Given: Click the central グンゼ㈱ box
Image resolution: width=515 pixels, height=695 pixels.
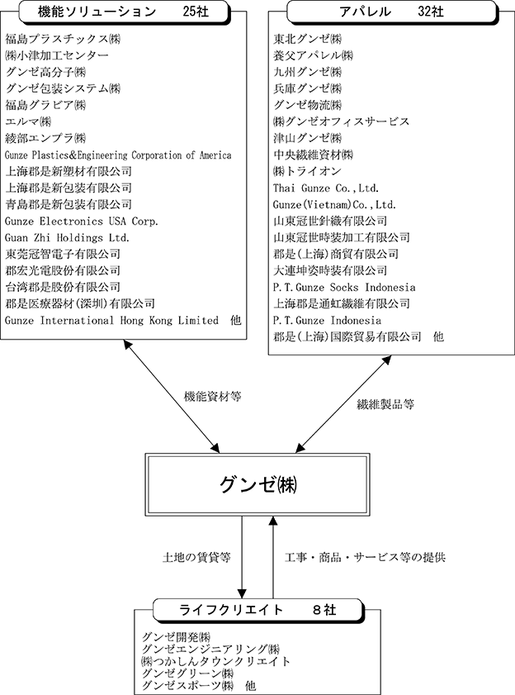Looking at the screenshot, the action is click(257, 484).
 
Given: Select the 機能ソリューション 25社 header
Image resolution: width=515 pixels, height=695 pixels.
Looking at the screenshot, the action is click(125, 12).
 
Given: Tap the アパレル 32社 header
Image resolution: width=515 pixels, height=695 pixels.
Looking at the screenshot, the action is click(392, 12).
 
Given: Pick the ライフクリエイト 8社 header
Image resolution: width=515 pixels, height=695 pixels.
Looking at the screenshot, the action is click(258, 611).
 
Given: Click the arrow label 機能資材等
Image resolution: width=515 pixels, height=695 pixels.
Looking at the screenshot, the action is click(213, 396).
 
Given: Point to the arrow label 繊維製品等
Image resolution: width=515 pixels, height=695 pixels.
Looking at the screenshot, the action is click(385, 404).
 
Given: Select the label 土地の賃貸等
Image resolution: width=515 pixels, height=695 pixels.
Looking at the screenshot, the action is click(196, 557).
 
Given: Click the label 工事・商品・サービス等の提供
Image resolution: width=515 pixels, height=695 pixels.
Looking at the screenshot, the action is click(365, 557).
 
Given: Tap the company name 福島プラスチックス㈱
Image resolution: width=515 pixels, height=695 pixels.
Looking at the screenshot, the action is click(63, 39).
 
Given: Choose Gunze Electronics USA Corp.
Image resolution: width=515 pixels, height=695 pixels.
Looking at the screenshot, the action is click(82, 221).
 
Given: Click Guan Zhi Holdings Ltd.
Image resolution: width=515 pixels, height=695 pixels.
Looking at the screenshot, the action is click(68, 237).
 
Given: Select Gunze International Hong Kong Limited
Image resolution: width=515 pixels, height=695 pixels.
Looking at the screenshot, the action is click(111, 321).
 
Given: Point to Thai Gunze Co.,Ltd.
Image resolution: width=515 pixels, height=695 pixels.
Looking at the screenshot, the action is click(326, 188).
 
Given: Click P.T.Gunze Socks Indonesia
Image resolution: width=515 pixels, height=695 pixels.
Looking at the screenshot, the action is click(344, 288).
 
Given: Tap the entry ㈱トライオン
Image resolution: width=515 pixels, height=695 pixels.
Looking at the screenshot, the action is click(307, 171).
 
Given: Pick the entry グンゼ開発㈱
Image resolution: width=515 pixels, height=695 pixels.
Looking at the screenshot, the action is click(176, 637).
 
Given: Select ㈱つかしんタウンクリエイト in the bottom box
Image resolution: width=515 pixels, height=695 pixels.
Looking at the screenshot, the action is click(215, 662).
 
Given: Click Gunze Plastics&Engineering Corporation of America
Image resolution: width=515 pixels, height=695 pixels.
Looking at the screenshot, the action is click(118, 155).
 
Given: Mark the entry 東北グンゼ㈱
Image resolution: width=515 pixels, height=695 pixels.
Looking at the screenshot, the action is click(307, 39).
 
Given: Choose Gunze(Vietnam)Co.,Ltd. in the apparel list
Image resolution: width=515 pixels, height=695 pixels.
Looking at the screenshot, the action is click(334, 205).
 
